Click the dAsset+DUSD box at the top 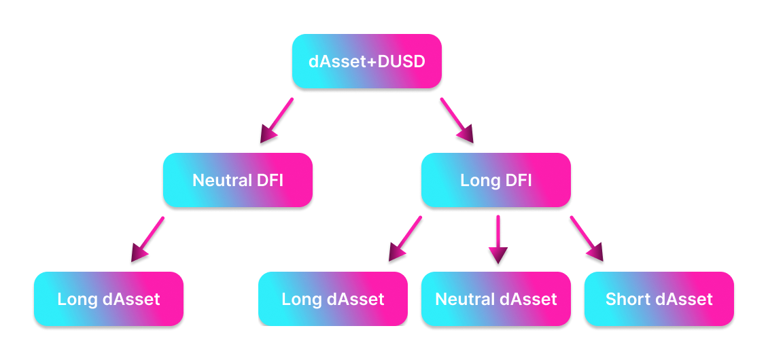click(x=367, y=62)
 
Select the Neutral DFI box click(x=238, y=180)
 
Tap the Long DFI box click(x=496, y=180)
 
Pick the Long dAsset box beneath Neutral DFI click(x=109, y=299)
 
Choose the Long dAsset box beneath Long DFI click(x=333, y=299)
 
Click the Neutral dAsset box click(x=496, y=299)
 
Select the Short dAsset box click(x=659, y=299)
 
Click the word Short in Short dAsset click(x=625, y=299)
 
